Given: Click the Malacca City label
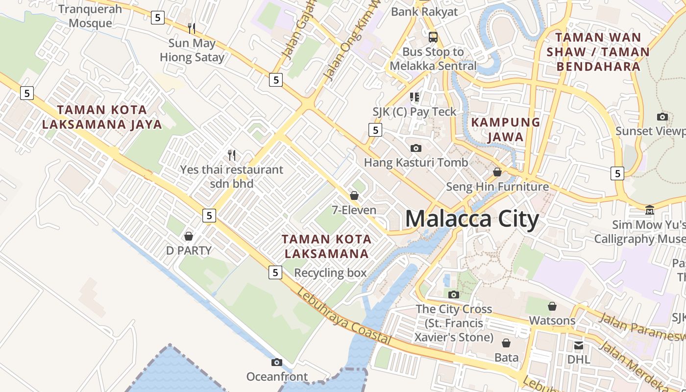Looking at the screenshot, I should (x=472, y=219).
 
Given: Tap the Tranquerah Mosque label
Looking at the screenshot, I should (x=90, y=16).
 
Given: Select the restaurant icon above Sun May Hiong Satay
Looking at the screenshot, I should (x=192, y=28).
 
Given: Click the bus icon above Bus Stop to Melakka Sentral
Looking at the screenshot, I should (x=433, y=37).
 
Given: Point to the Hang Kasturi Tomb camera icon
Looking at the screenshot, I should (x=416, y=148).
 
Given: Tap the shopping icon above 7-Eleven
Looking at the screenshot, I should (x=354, y=196).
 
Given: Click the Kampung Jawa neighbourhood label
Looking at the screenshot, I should (x=506, y=129).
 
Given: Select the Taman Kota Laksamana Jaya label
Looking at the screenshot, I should (x=102, y=117).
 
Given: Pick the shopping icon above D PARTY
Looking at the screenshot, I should (x=189, y=236).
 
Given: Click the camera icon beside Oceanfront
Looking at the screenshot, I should (x=277, y=363).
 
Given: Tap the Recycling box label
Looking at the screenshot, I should (x=330, y=273).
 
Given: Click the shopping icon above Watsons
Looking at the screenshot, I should (x=552, y=306).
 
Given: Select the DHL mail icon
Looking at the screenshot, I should (x=579, y=345).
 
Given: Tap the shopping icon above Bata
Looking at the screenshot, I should (x=506, y=343).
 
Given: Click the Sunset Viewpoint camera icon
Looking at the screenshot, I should (x=662, y=117).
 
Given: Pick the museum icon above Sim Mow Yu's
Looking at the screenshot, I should (x=650, y=210).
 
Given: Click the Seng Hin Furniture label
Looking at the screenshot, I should (x=497, y=187).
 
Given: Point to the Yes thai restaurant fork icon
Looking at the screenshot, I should (x=232, y=155).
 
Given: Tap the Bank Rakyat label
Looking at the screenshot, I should (x=424, y=12).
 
